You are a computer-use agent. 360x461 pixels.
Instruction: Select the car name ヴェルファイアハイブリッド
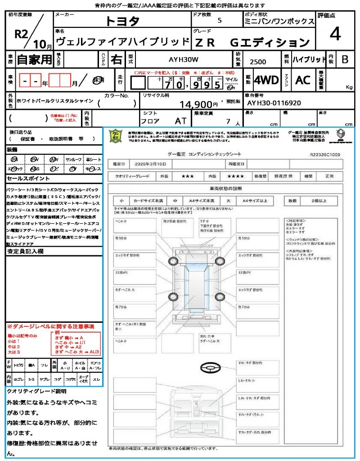pyautogui.click(x=121, y=42)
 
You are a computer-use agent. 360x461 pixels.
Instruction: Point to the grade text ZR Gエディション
pyautogui.click(x=252, y=43)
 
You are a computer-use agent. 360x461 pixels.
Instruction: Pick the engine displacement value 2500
pyautogui.click(x=257, y=62)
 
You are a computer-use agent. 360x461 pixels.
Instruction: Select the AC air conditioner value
pyautogui.click(x=303, y=80)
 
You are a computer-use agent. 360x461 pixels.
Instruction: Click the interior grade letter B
pyautogui.click(x=345, y=59)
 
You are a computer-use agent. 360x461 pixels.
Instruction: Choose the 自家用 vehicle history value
pyautogui.click(x=35, y=59)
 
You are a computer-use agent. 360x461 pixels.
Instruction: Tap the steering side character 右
pyautogui.click(x=116, y=59)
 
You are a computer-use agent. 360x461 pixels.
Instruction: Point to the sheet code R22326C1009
pyautogui.click(x=325, y=154)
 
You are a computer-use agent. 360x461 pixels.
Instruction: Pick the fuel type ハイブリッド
pyautogui.click(x=309, y=59)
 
